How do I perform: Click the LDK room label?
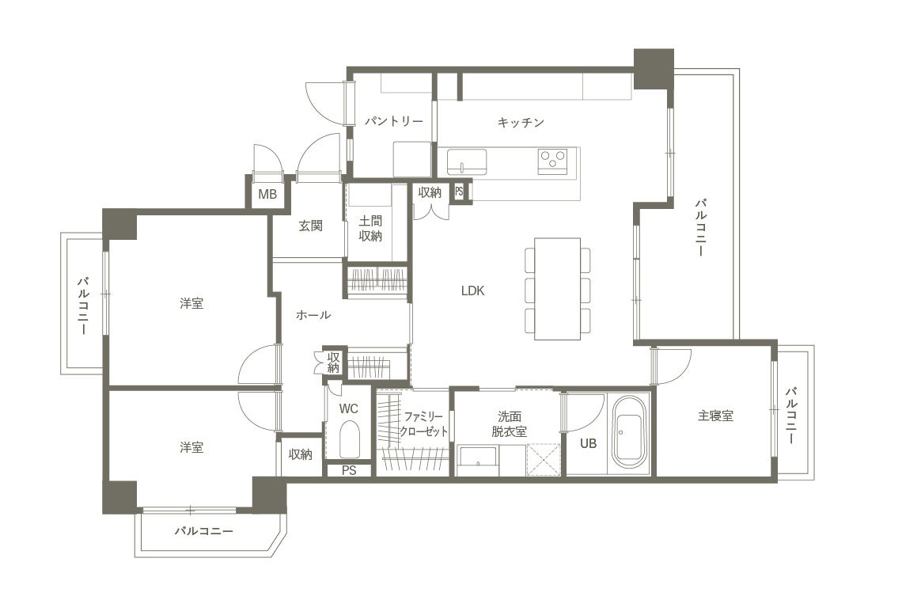pyautogui.click(x=473, y=291)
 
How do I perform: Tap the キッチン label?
pyautogui.click(x=521, y=122)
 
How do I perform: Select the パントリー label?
pyautogui.click(x=393, y=121)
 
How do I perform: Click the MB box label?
pyautogui.click(x=267, y=195)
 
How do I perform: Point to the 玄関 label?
pyautogui.click(x=311, y=226)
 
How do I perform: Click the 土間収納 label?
pyautogui.click(x=370, y=229)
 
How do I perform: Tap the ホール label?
pyautogui.click(x=313, y=315)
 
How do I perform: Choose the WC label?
pyautogui.click(x=349, y=408)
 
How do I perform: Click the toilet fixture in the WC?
pyautogui.click(x=349, y=439)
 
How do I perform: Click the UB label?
pyautogui.click(x=588, y=443)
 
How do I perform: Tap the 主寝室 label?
pyautogui.click(x=715, y=416)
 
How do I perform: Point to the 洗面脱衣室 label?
pyautogui.click(x=509, y=423)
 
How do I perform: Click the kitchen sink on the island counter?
pyautogui.click(x=467, y=161)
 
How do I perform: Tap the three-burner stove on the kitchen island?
pyautogui.click(x=553, y=160)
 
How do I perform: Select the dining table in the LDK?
pyautogui.click(x=557, y=289)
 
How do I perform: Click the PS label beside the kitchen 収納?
pyautogui.click(x=459, y=191)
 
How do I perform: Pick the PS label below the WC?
pyautogui.click(x=349, y=470)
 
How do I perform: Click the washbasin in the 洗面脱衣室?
pyautogui.click(x=478, y=458)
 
